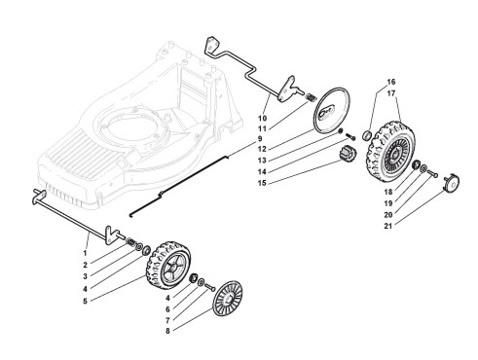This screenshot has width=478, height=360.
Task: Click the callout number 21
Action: (x=387, y=226)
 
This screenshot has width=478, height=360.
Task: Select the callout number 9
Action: (x=260, y=139)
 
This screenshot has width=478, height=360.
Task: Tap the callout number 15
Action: (x=262, y=183)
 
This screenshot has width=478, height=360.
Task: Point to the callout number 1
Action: (x=85, y=253)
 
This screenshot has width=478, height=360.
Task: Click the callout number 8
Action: (x=167, y=331)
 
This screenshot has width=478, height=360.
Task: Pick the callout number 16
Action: (x=391, y=82)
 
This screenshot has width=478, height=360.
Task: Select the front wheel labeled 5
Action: (x=168, y=265)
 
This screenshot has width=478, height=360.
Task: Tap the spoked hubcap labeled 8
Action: (x=228, y=299)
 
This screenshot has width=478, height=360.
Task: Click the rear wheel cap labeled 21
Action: (x=452, y=184)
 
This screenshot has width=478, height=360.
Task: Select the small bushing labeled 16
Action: (x=366, y=135)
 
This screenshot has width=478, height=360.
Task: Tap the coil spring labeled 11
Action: (x=311, y=97)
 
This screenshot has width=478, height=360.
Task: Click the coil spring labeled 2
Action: (x=131, y=242)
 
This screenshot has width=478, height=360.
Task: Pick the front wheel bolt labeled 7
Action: (x=210, y=287)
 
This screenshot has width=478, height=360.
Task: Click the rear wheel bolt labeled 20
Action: (x=432, y=173)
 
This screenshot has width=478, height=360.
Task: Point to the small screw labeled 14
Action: (x=350, y=136)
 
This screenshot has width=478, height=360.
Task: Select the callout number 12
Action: (x=262, y=149)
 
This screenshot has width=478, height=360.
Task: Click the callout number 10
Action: (x=262, y=118)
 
